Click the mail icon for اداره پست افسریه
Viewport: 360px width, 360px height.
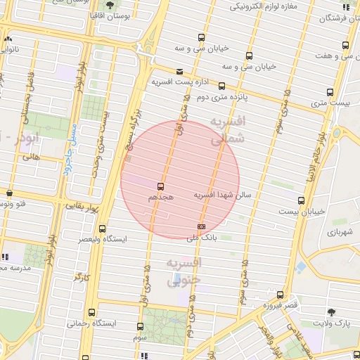click(181, 72)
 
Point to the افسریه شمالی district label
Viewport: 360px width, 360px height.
click(226, 130)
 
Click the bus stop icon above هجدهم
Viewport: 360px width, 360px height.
click(161, 186)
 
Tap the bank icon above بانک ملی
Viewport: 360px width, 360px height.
click(202, 226)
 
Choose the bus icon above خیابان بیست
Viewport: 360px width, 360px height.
click(302, 200)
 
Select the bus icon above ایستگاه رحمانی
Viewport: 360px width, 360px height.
click(91, 313)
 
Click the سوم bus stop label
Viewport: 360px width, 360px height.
click(140, 337)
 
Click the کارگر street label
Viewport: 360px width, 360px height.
click(82, 277)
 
